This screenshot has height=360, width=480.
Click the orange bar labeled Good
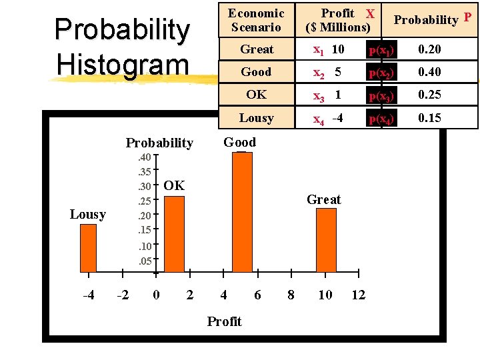pos(241,212)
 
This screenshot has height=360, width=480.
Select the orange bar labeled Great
pos(326,240)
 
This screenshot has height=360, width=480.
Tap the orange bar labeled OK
pos(174,233)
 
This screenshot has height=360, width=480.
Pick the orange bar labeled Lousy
pos(88,248)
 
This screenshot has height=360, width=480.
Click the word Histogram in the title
pos(123,64)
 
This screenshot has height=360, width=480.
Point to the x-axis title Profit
pos(224,321)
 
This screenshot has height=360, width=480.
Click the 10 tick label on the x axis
pos(325,295)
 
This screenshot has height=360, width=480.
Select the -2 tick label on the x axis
pos(123,295)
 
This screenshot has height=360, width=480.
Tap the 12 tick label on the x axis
pos(359,295)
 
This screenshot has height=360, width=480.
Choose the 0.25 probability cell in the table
pos(429,95)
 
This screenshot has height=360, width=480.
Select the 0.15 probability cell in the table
pos(429,118)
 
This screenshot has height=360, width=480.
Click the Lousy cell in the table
pos(257,118)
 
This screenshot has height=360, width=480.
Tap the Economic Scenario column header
pos(257,20)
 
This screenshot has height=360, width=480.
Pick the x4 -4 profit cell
pos(329,119)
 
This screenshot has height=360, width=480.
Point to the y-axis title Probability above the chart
pos(159,143)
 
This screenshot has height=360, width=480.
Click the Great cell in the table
pos(257,49)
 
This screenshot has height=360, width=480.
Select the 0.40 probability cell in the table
pos(429,72)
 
